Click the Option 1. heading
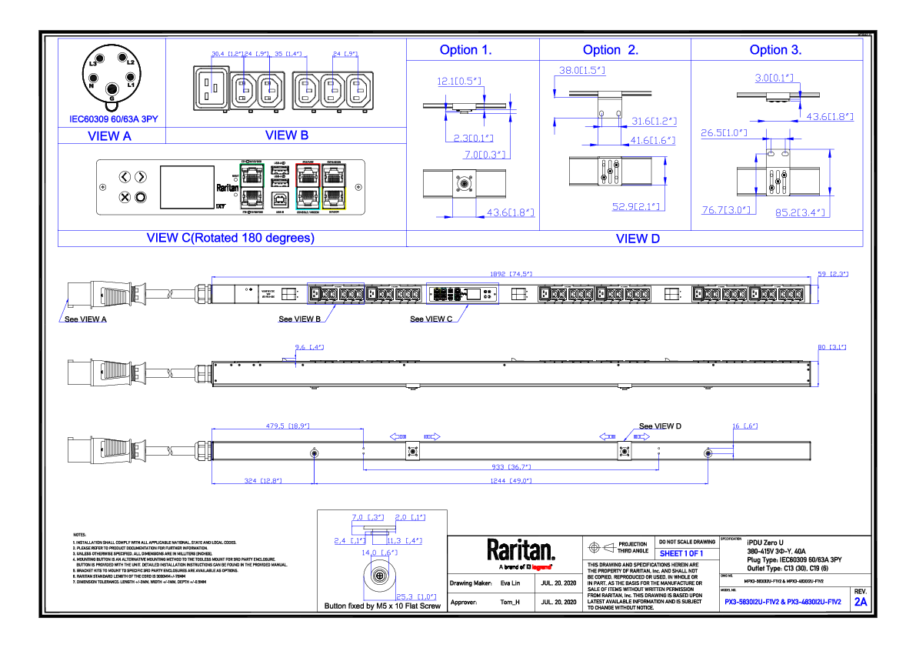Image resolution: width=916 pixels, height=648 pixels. pos(465,50)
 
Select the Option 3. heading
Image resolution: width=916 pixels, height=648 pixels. pos(775,50)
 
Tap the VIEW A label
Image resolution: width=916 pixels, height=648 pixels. pos(109,136)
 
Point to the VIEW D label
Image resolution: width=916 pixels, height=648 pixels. pos(638,239)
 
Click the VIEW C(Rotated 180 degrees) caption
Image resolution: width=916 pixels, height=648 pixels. pos(230,238)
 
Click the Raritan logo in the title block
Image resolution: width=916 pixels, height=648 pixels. pos(521,550)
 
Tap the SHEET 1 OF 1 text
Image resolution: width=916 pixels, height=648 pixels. pos(681,553)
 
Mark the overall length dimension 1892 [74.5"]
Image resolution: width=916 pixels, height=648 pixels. pos(511,273)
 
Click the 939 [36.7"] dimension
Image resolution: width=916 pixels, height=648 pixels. pos(510,466)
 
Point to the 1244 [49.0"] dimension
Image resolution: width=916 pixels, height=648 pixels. pos(511,481)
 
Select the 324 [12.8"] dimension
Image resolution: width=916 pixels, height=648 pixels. pos(262,481)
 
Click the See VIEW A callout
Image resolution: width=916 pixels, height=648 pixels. pos(85,319)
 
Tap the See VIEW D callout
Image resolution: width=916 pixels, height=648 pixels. pos(660,426)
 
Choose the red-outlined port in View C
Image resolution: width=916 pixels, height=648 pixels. pos(308,175)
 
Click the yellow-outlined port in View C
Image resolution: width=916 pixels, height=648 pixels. pos(334,199)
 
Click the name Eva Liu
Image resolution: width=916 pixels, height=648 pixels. pos(510,583)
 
